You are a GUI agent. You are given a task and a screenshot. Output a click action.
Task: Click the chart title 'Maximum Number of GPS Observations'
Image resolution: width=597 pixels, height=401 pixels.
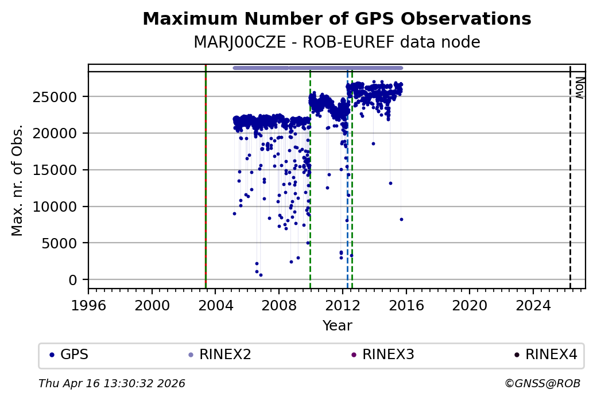(336, 19)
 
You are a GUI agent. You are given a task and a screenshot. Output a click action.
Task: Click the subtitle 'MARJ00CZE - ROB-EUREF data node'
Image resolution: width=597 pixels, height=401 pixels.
(336, 42)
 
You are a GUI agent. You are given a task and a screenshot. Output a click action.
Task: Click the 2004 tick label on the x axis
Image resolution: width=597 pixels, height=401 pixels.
(215, 304)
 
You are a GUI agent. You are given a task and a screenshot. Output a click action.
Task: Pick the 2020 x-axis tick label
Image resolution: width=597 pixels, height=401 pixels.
(470, 304)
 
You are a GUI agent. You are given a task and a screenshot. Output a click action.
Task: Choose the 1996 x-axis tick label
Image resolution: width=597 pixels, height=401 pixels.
(88, 304)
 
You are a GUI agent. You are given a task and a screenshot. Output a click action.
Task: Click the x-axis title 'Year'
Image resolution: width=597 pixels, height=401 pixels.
(337, 326)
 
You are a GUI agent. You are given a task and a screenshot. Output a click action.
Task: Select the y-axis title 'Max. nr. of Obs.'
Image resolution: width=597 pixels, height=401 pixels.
(17, 180)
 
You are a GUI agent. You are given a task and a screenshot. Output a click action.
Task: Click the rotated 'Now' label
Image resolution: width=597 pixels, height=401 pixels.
(579, 87)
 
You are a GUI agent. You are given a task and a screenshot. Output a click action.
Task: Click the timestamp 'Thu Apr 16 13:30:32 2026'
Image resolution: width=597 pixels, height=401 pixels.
(112, 383)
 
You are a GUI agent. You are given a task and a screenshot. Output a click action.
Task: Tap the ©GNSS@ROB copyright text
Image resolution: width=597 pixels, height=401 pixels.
(542, 383)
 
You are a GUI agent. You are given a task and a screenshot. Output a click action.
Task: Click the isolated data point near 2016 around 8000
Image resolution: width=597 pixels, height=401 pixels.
(401, 219)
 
